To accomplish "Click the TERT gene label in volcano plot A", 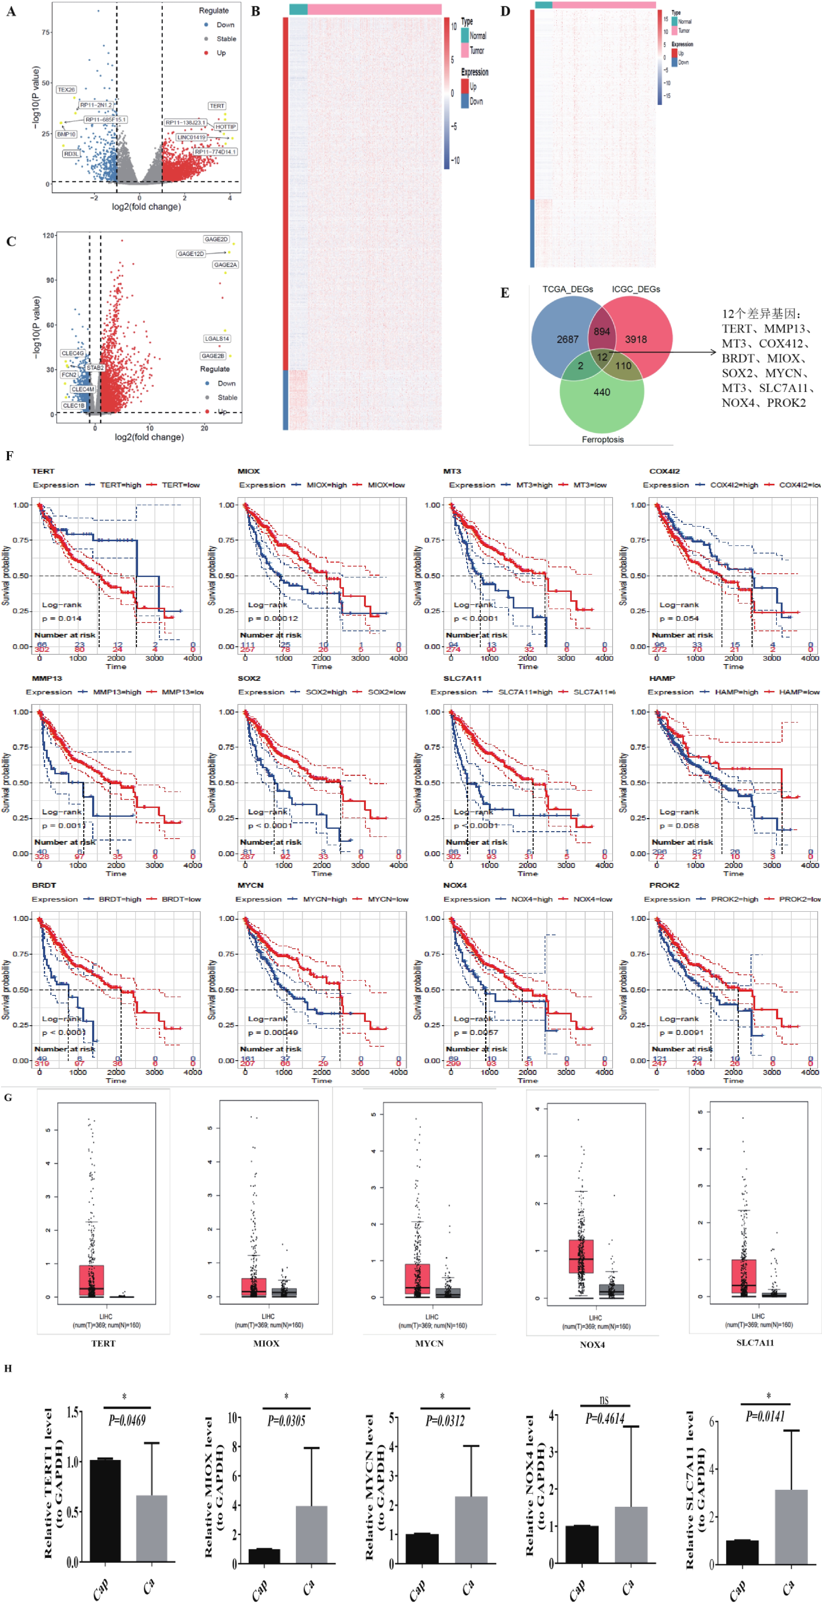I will (x=217, y=106).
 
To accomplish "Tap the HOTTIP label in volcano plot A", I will (x=225, y=127).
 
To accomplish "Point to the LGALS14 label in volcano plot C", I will (x=217, y=338).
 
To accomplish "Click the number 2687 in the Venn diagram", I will (x=568, y=339).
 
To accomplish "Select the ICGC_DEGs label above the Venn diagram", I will (x=636, y=289).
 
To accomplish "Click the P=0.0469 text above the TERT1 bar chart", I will (x=127, y=1420).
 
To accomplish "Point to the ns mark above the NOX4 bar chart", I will (x=604, y=1399).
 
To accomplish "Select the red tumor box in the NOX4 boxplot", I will (x=581, y=1256).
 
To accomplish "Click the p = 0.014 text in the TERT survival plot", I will (x=61, y=618).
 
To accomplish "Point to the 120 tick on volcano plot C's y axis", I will (x=48, y=236).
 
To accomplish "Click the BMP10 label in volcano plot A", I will (x=66, y=134).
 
